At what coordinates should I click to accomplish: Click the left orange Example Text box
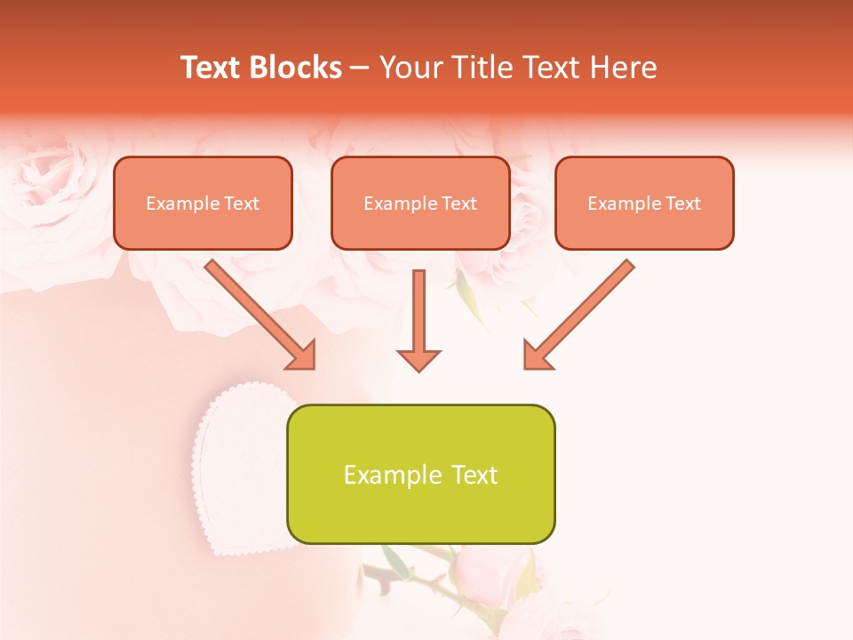[x=203, y=203]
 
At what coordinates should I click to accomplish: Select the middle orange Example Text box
[x=420, y=203]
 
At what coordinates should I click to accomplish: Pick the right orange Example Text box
[x=644, y=203]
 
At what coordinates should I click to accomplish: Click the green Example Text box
[x=420, y=474]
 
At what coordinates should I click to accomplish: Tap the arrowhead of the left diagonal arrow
[x=301, y=355]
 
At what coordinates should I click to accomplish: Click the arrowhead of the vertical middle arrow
[x=419, y=360]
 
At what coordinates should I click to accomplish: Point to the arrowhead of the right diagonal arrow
[x=537, y=355]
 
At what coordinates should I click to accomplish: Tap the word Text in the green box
[x=473, y=475]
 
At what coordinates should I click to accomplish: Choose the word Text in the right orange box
[x=682, y=204]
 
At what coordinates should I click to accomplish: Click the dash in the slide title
[x=360, y=68]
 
